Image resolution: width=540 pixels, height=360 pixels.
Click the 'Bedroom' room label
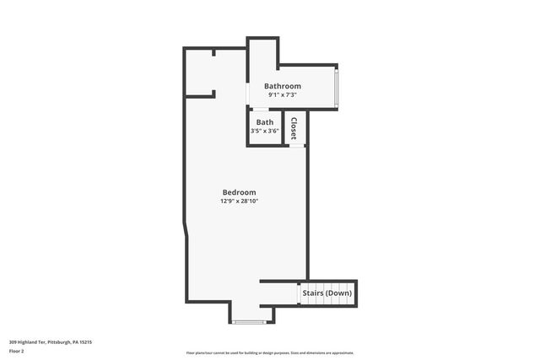(239, 192)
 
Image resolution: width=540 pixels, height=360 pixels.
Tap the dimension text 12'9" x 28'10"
(239, 201)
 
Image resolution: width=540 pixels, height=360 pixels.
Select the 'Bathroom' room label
(283, 86)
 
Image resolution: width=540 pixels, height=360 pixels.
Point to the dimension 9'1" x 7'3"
(283, 95)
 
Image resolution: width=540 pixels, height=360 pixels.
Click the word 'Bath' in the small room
(265, 122)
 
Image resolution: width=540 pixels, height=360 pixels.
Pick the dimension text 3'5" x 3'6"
(265, 131)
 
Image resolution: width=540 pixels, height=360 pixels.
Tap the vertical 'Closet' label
(294, 128)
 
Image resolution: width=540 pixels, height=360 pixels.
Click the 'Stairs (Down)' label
(327, 293)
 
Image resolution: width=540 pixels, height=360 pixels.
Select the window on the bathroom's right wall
(337, 87)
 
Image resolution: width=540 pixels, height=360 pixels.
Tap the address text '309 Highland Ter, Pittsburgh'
(42, 341)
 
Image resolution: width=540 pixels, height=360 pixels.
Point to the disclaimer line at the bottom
(270, 353)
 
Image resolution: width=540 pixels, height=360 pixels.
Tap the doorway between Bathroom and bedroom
(247, 93)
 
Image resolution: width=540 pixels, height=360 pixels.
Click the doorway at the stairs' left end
(299, 293)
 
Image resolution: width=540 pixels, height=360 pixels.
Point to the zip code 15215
(86, 341)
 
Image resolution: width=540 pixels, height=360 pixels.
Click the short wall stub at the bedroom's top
(214, 52)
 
